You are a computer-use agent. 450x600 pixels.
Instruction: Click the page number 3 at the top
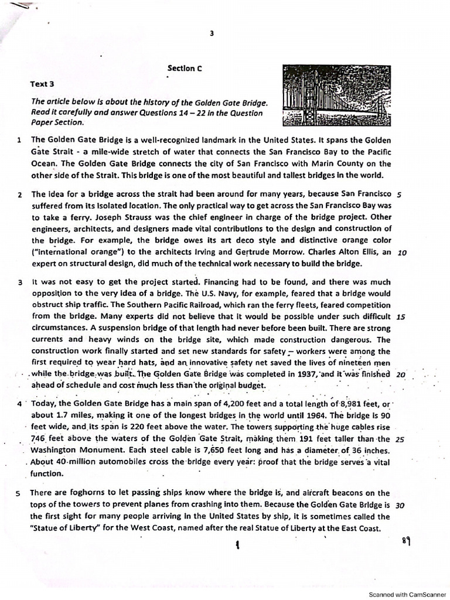[211, 33]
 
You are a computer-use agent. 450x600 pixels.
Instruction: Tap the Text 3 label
[43, 84]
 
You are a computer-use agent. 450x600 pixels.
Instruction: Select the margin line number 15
[401, 316]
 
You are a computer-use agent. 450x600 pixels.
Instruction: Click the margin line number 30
[401, 504]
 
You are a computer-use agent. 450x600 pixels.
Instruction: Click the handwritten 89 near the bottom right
[406, 540]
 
